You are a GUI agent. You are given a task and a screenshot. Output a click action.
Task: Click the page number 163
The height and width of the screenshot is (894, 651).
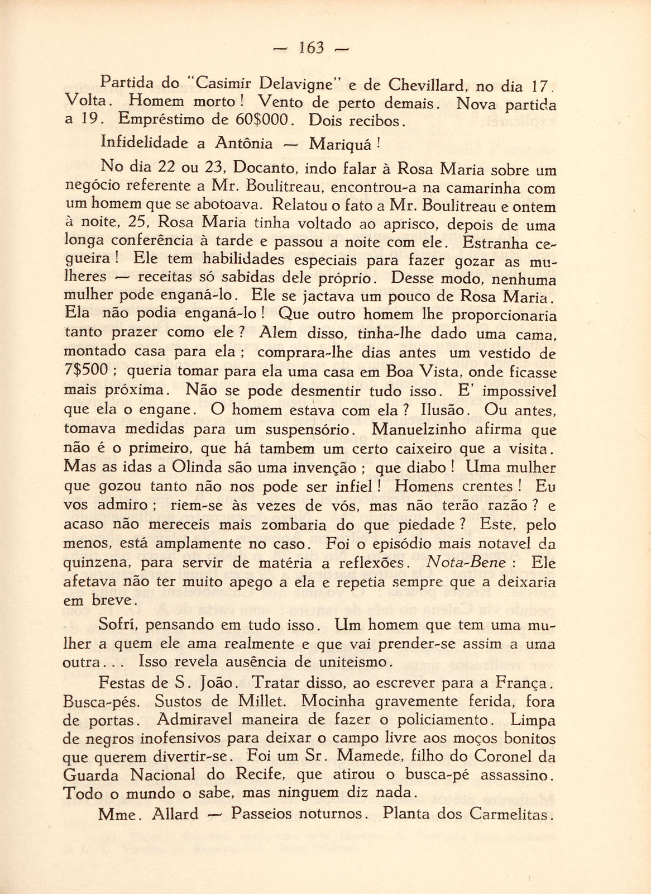click(x=312, y=49)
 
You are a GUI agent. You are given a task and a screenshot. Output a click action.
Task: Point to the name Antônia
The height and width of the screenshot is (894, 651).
click(x=243, y=144)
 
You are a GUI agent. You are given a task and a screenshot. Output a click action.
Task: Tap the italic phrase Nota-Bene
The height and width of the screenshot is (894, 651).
click(x=466, y=563)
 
